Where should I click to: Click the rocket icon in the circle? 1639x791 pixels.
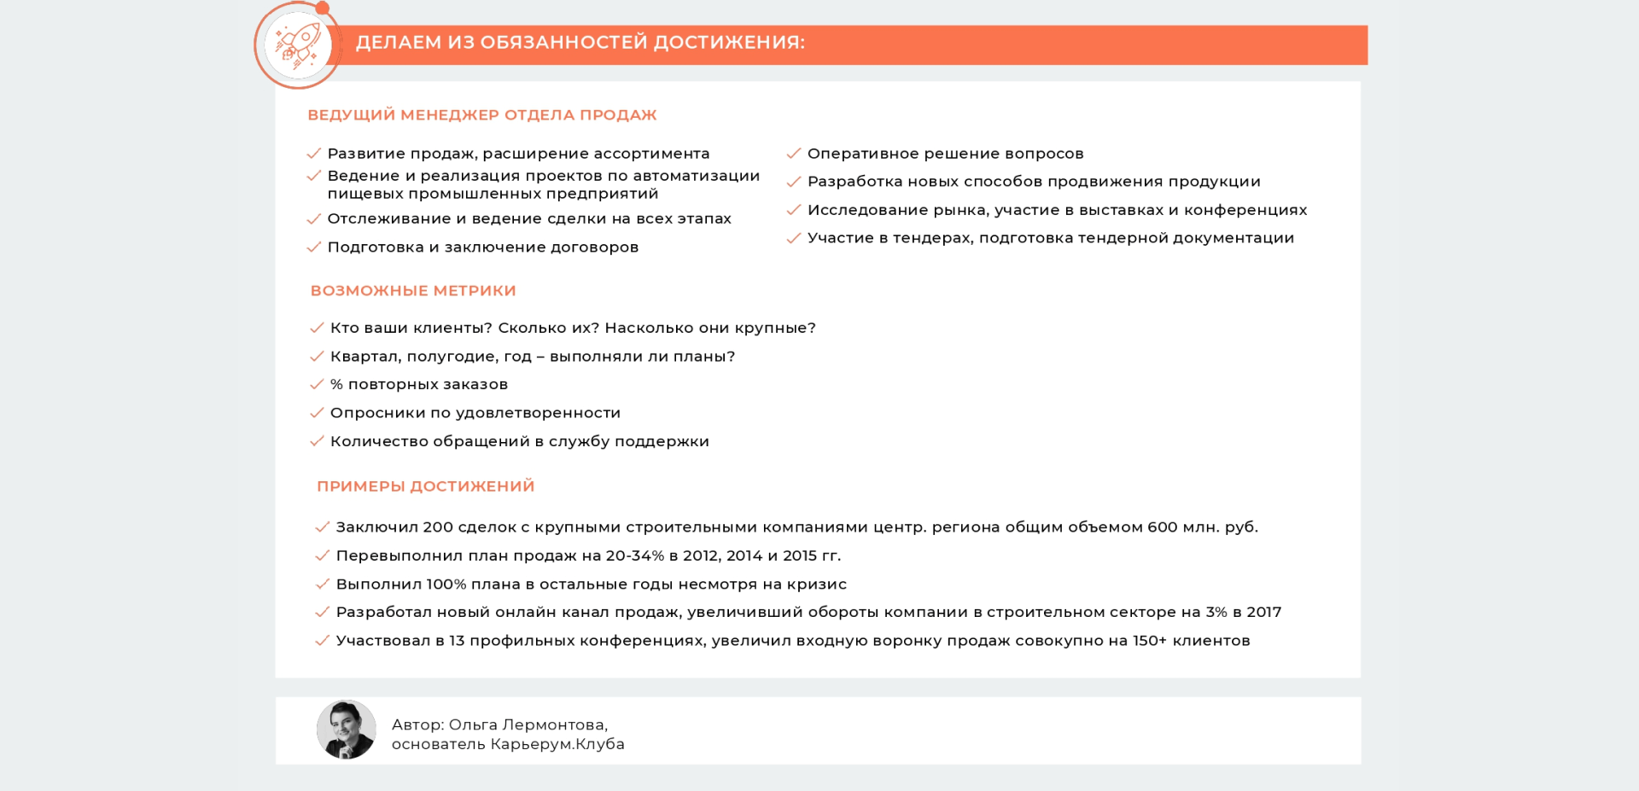coord(297,45)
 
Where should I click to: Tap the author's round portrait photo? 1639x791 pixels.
coord(347,730)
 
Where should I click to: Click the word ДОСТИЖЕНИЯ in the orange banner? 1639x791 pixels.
coord(729,42)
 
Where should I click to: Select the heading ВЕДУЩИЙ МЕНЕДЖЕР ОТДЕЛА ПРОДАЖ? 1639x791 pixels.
coord(482,115)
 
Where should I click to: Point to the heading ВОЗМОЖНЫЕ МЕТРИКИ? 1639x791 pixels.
coord(413,291)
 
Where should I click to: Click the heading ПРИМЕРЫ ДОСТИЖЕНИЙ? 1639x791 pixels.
coord(426,486)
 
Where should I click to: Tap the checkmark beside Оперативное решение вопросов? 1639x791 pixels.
coord(794,154)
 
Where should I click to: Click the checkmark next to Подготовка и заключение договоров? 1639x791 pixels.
coord(314,247)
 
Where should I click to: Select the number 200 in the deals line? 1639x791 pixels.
coord(438,527)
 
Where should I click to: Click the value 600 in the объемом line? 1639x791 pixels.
coord(1163,527)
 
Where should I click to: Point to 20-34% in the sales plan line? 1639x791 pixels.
coord(635,555)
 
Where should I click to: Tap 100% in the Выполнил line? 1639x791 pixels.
coord(446,585)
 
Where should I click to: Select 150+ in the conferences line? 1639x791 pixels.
coord(1150,641)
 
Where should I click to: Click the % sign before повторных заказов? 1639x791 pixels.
coord(336,385)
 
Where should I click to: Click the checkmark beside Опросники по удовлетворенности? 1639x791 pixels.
coord(317,413)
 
